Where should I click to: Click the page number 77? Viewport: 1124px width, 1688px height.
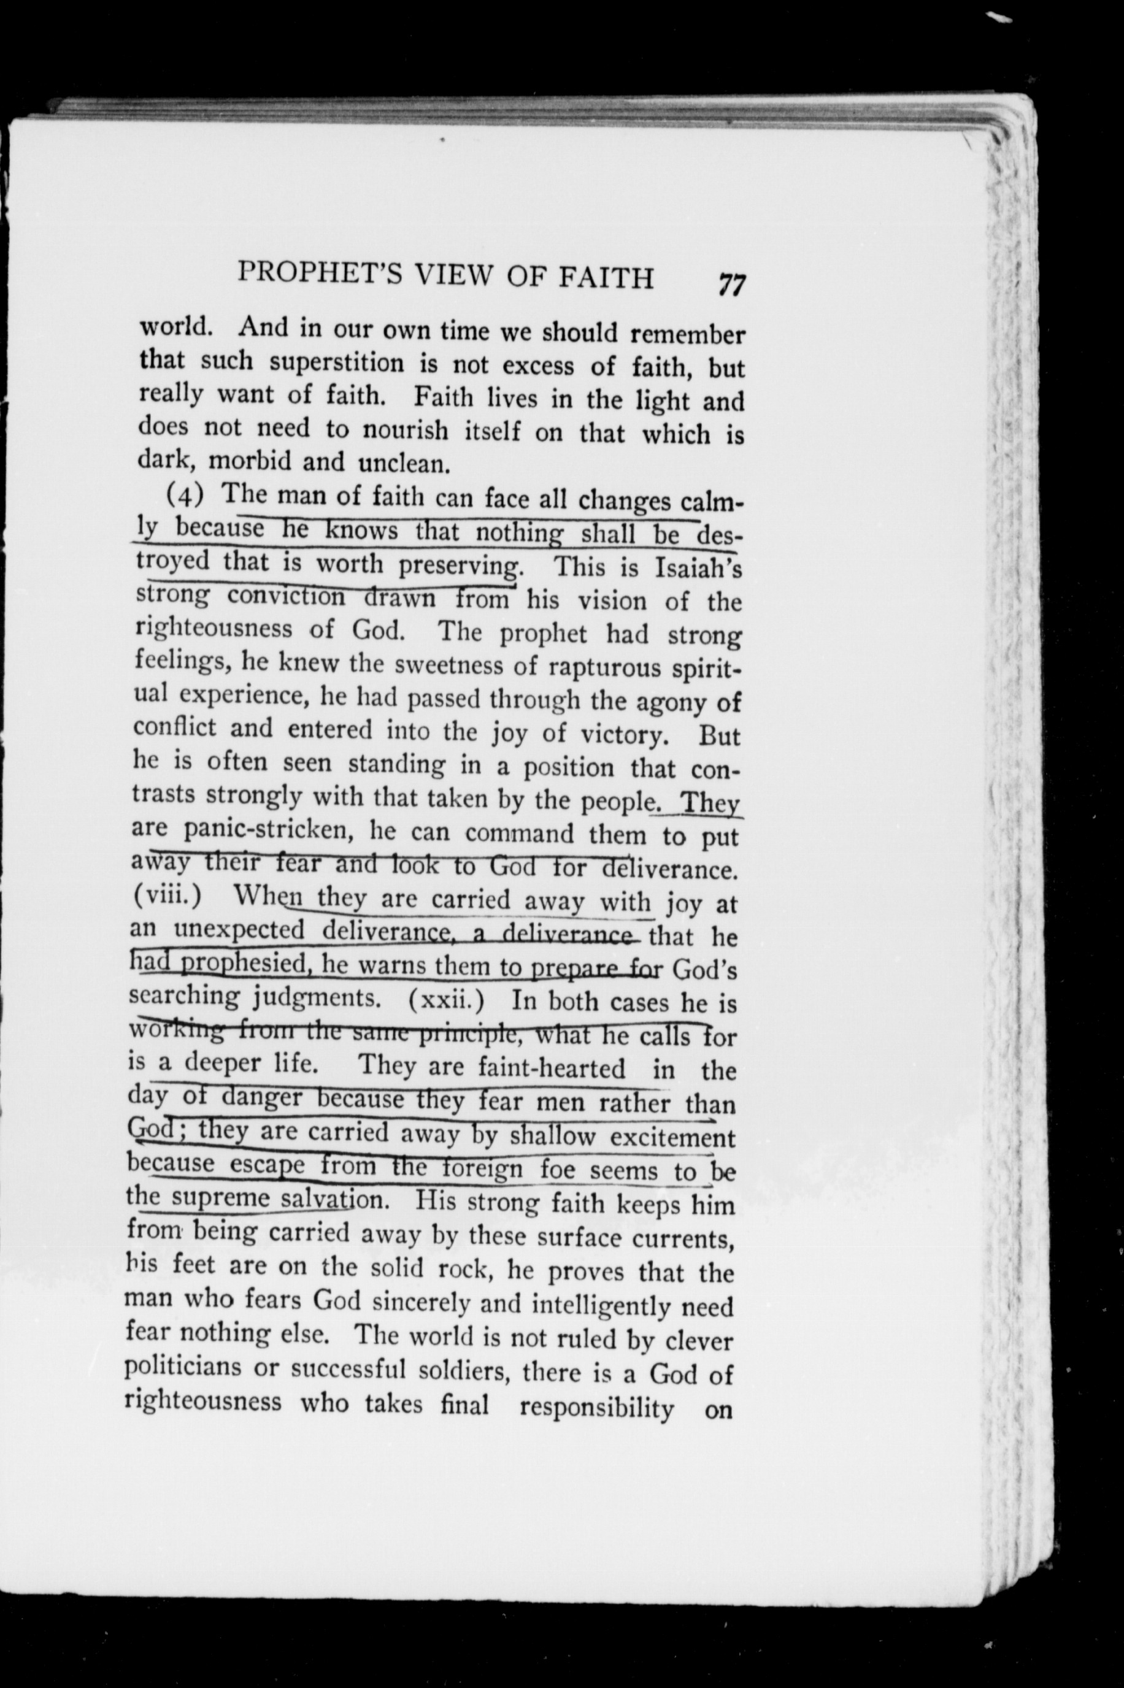731,285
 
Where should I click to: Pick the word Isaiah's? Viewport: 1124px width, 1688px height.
698,567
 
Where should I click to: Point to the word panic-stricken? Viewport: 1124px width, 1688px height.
264,831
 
